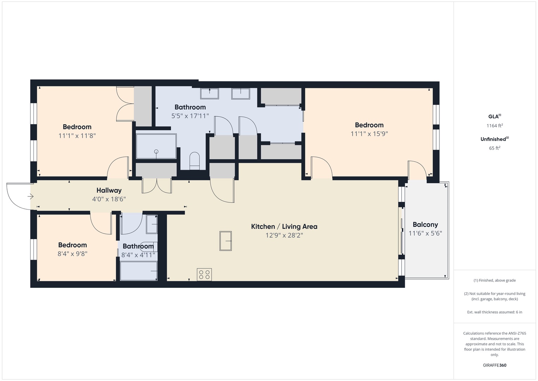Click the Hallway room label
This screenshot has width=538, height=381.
(109, 190)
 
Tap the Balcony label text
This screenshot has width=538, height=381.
(425, 225)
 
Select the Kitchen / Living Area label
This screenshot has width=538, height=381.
(284, 227)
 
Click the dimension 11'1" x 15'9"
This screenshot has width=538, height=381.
(369, 134)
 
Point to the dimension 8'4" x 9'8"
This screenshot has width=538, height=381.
(72, 254)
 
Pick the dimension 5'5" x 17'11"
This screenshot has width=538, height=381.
(190, 116)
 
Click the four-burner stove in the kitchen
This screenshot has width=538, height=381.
(204, 274)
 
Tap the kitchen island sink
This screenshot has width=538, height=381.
(225, 241)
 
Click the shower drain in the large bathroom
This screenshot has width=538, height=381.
(156, 152)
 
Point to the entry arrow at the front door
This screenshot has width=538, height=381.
(31, 196)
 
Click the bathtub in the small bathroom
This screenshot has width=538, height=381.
(138, 271)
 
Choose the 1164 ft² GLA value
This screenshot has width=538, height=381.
(494, 126)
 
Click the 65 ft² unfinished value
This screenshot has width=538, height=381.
(494, 148)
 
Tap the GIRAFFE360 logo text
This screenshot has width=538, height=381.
(494, 365)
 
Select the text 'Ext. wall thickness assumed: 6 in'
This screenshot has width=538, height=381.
(494, 312)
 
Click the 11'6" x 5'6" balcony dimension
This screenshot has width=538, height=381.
(425, 234)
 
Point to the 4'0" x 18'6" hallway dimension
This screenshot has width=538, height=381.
(109, 199)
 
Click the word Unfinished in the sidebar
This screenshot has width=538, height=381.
(493, 139)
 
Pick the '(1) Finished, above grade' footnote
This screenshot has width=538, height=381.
(494, 280)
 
